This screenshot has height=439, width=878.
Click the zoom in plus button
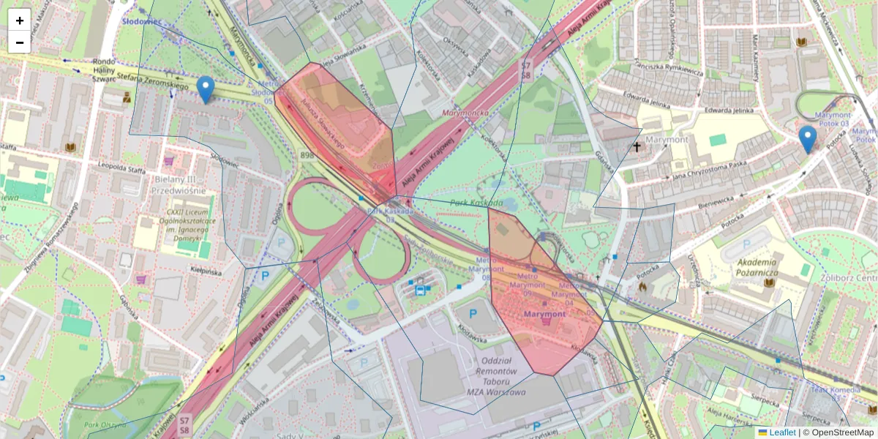pyautogui.click(x=20, y=20)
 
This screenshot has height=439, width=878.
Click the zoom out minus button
pyautogui.click(x=20, y=42)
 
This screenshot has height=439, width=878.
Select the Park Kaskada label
pyautogui.click(x=476, y=202)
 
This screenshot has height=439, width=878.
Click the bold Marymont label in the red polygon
pyautogui.click(x=544, y=314)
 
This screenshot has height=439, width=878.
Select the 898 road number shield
pyautogui.click(x=307, y=155)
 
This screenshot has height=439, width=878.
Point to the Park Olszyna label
pyautogui.click(x=105, y=424)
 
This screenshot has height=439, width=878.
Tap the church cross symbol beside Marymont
pyautogui.click(x=637, y=147)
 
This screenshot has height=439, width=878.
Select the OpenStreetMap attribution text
pyautogui.click(x=843, y=432)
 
